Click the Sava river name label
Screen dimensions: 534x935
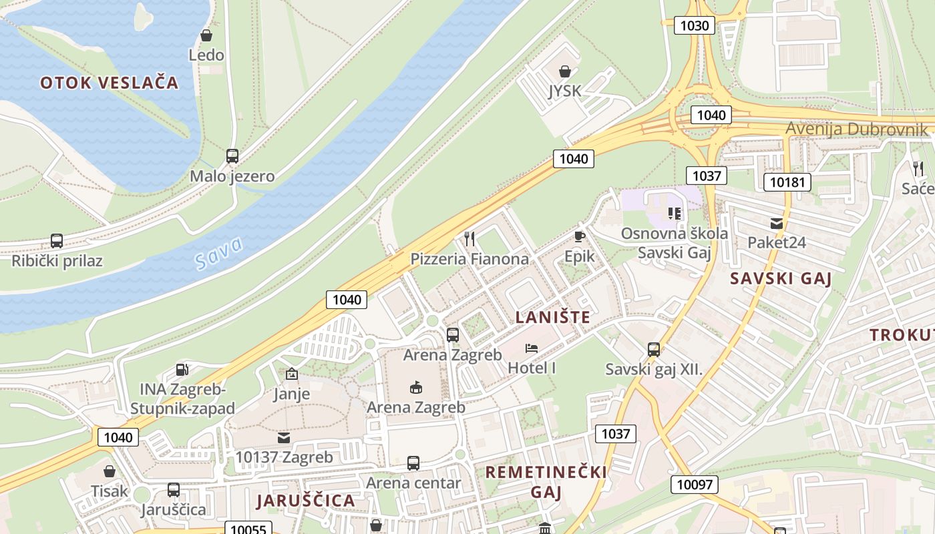(x=220, y=254)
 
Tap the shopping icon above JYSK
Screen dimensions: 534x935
(x=565, y=71)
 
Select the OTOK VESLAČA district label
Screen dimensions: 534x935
(x=110, y=83)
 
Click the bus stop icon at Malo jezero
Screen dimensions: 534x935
(x=232, y=156)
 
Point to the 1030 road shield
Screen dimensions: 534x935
(x=695, y=26)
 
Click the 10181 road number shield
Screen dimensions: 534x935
(x=787, y=182)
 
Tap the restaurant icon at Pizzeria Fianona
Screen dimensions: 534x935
(x=470, y=239)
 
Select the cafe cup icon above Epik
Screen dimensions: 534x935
(x=579, y=237)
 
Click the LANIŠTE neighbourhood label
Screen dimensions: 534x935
(x=553, y=317)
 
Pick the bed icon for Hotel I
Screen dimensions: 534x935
(x=532, y=348)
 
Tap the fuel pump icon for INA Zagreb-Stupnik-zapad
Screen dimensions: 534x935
(x=182, y=369)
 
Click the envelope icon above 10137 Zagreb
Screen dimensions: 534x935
(x=284, y=438)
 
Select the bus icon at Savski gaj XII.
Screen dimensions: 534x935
(x=654, y=349)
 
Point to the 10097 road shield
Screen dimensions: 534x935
(x=695, y=485)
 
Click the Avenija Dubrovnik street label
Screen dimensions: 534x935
(x=856, y=129)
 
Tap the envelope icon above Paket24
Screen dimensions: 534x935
(x=776, y=224)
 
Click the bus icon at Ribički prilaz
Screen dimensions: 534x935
(x=57, y=241)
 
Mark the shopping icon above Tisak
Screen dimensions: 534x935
(x=110, y=471)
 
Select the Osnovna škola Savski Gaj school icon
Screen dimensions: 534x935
(x=674, y=214)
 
